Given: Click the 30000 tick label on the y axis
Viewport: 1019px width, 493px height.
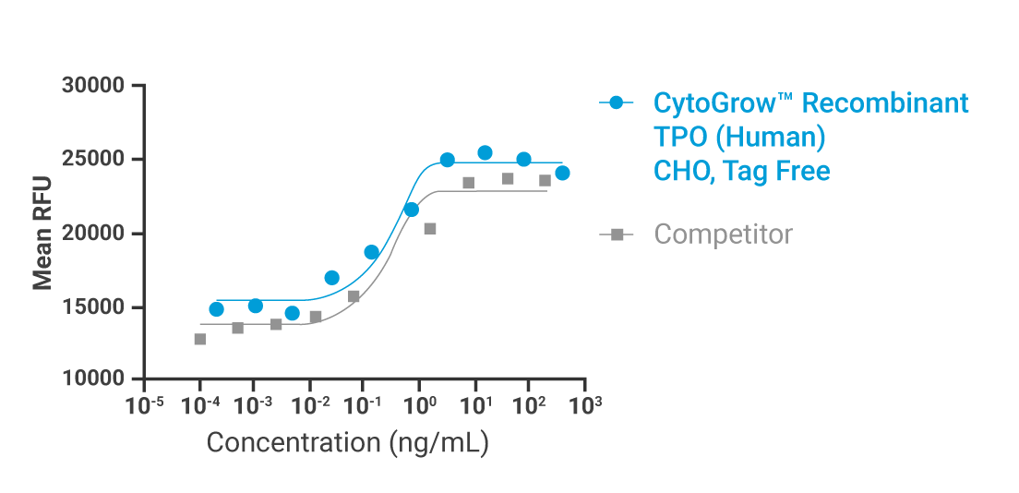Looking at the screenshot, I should [x=92, y=86].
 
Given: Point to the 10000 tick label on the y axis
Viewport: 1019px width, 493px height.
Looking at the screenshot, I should [x=92, y=379].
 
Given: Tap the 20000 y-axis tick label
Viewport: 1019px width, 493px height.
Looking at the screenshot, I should [x=92, y=234].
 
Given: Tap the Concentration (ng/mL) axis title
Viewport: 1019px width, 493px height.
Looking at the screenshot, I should [x=347, y=442].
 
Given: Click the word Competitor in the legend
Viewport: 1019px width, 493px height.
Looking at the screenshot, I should [x=723, y=234].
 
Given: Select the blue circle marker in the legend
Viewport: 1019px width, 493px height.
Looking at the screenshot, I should [x=616, y=102].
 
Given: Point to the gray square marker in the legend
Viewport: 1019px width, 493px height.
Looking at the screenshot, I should [x=616, y=234].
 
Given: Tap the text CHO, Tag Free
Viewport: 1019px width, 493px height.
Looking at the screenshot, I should [x=742, y=170].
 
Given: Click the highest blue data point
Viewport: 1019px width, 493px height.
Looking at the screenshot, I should [x=485, y=152].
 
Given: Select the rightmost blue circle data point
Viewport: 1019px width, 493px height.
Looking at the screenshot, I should [x=562, y=173].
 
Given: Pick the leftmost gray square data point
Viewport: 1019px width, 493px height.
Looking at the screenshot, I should [x=200, y=339].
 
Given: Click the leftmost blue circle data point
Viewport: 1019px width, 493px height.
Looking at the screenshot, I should [x=216, y=309].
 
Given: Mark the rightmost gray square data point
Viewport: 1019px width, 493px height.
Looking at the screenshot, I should [x=545, y=180].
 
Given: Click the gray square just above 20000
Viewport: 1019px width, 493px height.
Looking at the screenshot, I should [x=430, y=228].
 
